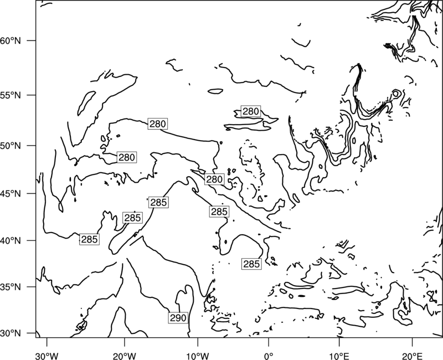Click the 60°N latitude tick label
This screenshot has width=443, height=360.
(x=11, y=41)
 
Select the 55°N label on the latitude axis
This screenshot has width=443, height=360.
(x=11, y=95)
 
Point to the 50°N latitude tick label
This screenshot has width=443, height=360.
(x=11, y=146)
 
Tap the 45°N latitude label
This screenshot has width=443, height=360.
(x=11, y=193)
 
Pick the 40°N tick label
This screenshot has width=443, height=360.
(x=11, y=241)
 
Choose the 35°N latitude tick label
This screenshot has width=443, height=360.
(x=11, y=287)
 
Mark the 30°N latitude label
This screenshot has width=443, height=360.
(x=11, y=333)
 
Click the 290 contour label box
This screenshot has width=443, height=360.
(x=178, y=318)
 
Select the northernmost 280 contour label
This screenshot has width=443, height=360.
(x=251, y=111)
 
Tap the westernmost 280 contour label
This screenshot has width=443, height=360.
(x=127, y=157)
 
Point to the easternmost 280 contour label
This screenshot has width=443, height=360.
(x=251, y=111)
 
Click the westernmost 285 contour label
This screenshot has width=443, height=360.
(x=89, y=239)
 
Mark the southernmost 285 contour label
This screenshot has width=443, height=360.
(x=251, y=264)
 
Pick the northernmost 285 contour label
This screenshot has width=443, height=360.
(x=159, y=202)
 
